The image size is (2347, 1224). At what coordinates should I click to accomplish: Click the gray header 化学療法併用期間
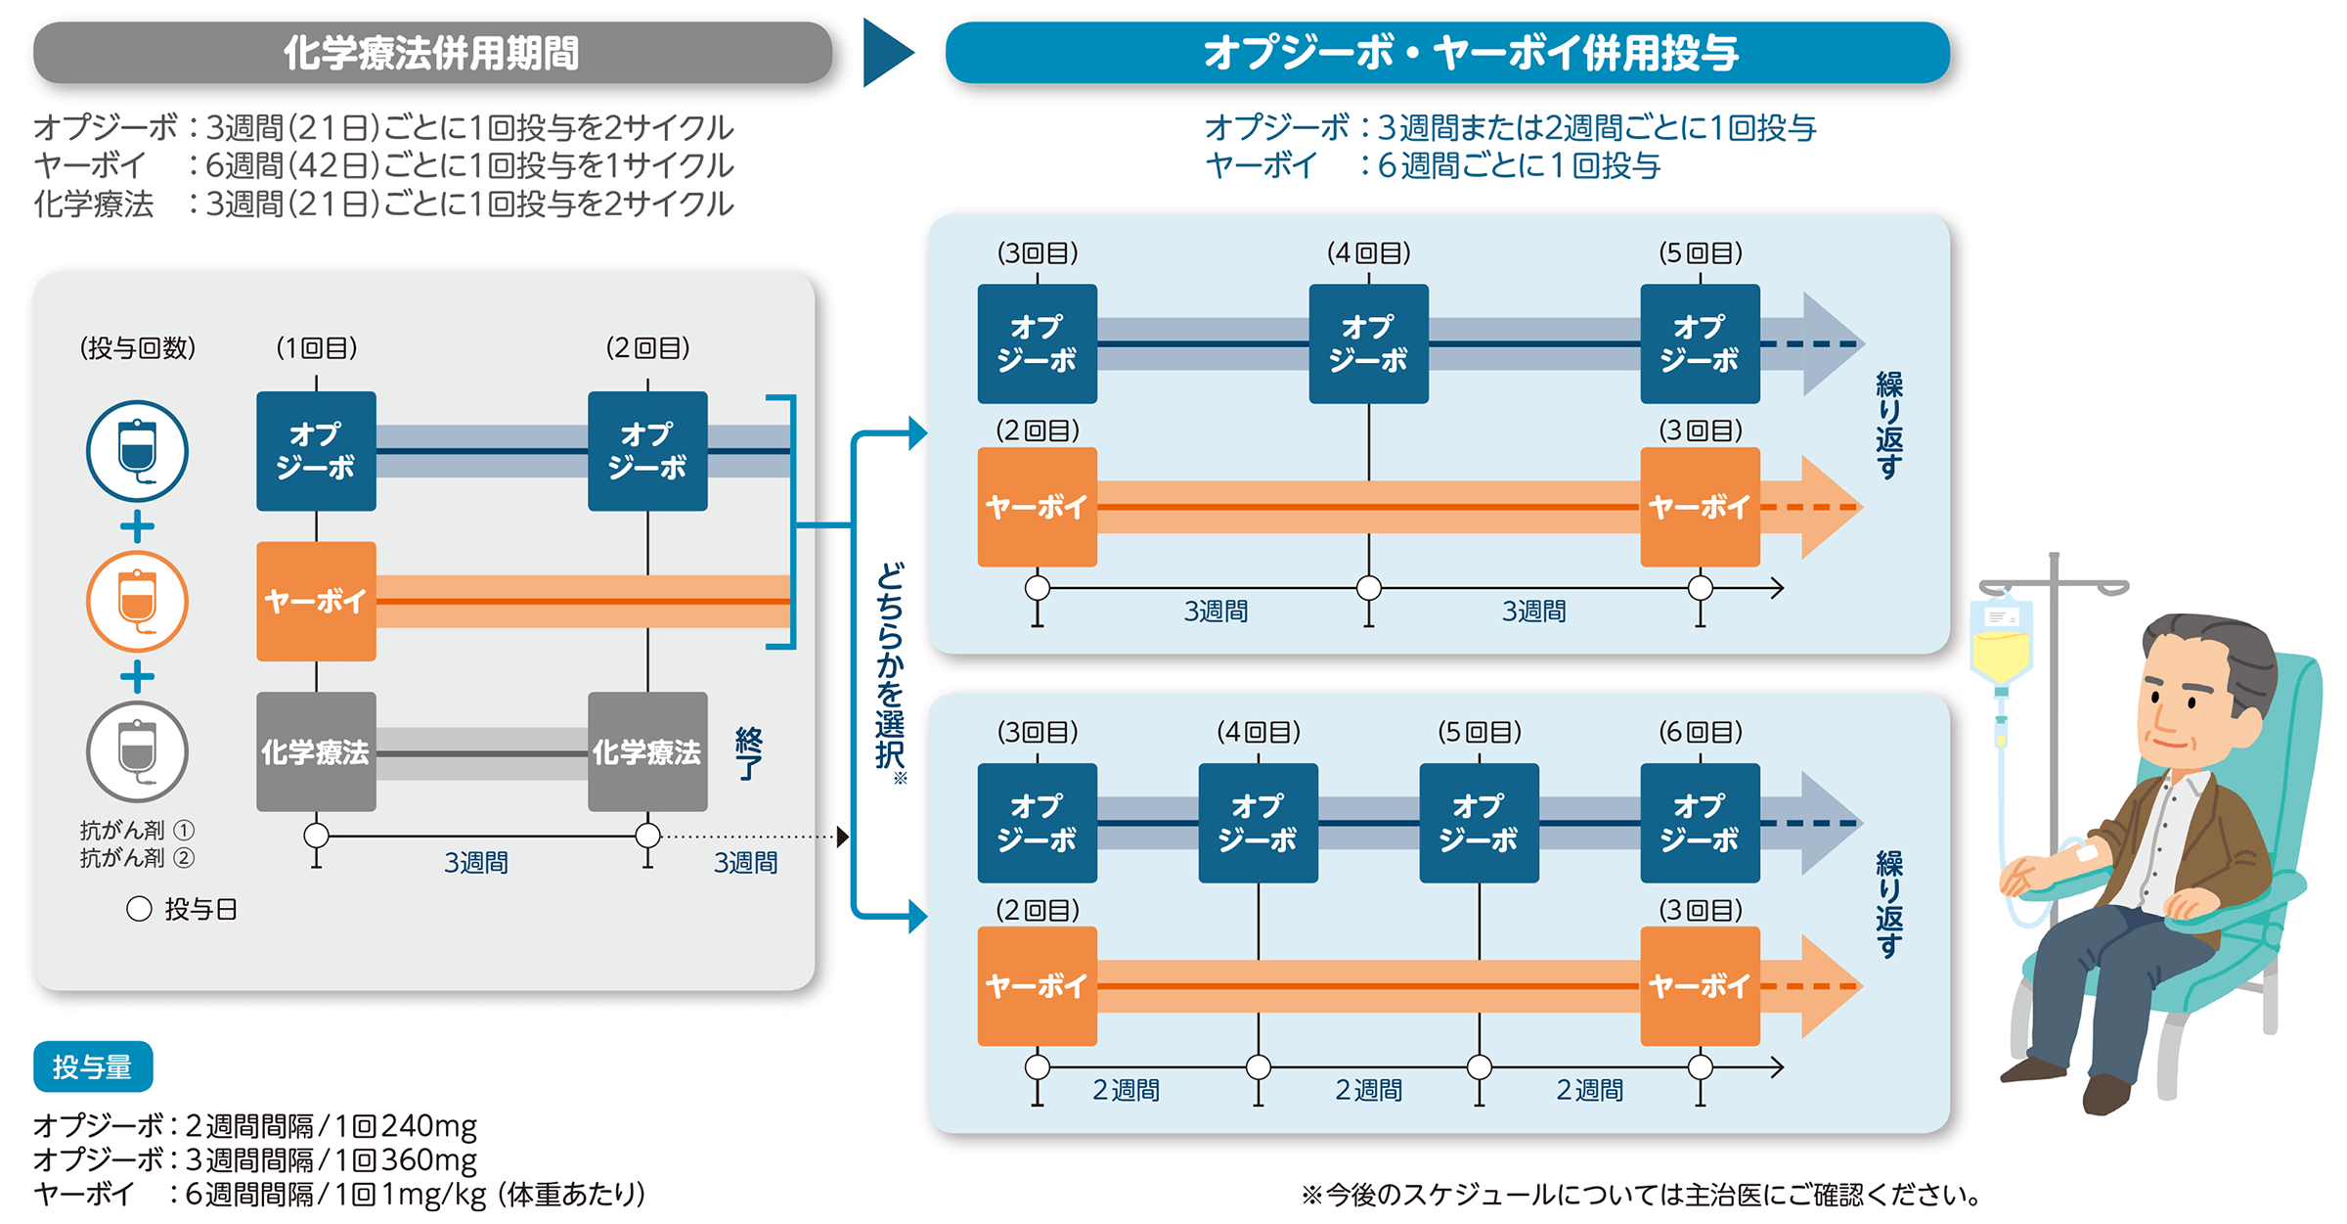[432, 53]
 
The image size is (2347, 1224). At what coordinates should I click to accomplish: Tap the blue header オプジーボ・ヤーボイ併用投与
[1447, 53]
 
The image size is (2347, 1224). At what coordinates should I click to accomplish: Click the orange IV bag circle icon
[137, 601]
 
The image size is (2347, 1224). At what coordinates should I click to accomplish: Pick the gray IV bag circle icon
[137, 751]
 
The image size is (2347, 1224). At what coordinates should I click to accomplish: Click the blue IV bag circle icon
[137, 451]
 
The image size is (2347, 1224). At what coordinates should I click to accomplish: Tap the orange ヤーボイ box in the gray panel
[316, 601]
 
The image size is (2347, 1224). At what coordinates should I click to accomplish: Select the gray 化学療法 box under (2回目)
[647, 751]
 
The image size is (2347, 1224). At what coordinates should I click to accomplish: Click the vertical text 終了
[748, 753]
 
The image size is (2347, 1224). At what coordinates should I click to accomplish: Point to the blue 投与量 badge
[93, 1066]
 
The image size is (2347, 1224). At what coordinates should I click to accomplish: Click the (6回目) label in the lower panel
[1700, 732]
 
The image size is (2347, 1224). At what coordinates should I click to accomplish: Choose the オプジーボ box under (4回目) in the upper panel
[1368, 343]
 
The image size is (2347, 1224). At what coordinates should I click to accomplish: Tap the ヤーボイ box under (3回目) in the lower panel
[1700, 985]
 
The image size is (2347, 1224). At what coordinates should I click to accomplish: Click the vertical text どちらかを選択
[889, 665]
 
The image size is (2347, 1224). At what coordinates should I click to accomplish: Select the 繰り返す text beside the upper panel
[1888, 426]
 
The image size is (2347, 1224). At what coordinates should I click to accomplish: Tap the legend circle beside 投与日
[139, 909]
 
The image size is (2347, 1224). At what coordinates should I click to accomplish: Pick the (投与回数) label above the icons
[138, 347]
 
